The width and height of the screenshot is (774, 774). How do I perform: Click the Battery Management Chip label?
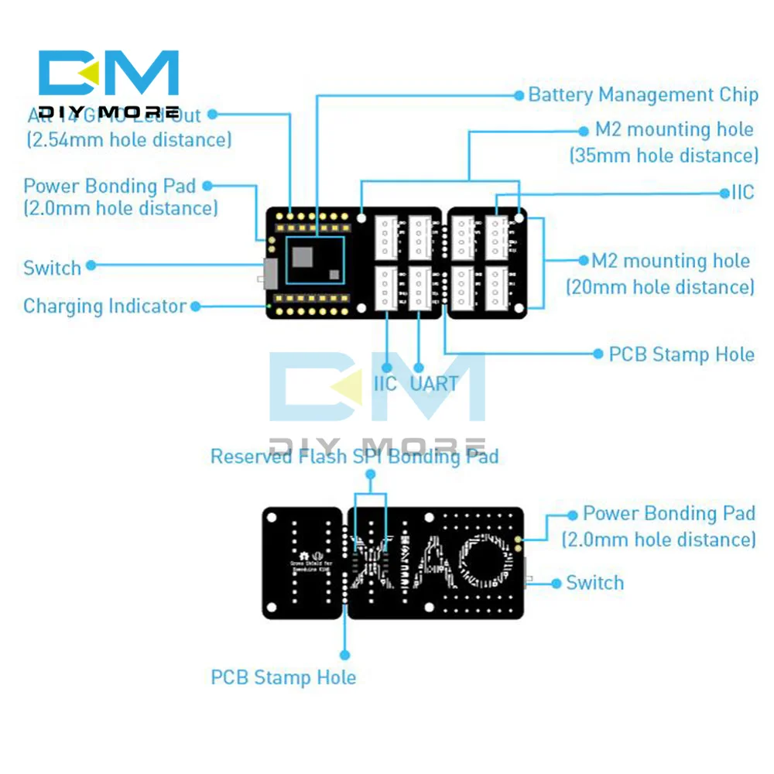pos(642,95)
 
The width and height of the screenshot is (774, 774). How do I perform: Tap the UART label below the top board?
pos(434,383)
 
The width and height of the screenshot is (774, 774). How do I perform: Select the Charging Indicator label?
pos(104,307)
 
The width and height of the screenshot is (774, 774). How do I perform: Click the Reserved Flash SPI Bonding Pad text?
pos(354,457)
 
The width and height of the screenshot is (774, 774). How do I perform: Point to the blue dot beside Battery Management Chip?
pos(519,95)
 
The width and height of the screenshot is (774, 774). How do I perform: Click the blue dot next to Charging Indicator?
pos(196,307)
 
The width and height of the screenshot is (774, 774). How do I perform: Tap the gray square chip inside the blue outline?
pos(303,255)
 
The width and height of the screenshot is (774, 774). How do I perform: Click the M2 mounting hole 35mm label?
pos(665,142)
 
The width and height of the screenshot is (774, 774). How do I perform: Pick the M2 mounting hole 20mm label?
pos(660,274)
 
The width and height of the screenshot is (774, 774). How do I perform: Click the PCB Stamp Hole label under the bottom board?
pos(283,678)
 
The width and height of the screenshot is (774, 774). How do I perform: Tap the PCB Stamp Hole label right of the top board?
pos(681,354)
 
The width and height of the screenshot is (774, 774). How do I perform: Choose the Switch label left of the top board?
pos(52,269)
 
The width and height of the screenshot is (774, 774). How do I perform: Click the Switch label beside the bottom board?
pos(594,583)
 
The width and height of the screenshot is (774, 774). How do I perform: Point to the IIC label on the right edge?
pos(742,193)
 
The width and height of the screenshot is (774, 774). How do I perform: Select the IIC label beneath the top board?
pos(385,383)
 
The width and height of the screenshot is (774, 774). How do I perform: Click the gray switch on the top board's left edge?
pos(270,273)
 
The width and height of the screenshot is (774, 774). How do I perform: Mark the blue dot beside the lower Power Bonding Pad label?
pos(573,514)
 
